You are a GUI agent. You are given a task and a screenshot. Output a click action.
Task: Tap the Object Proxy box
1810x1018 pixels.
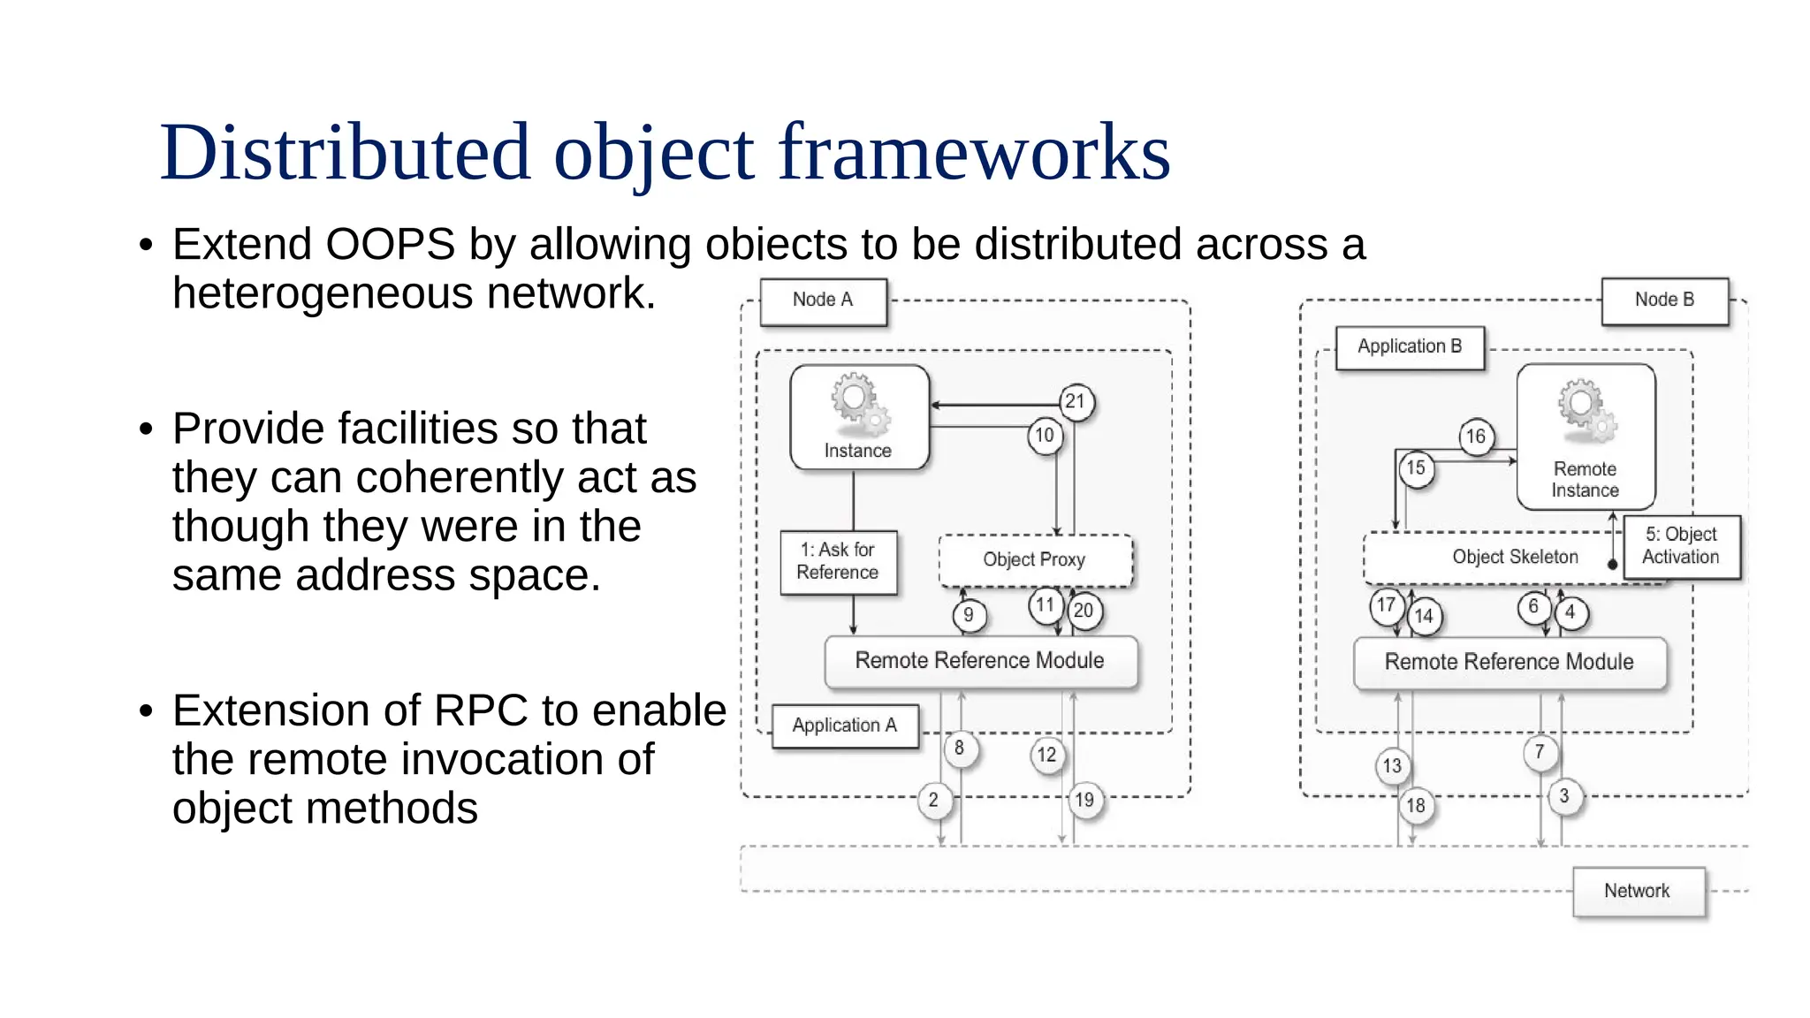point(1035,560)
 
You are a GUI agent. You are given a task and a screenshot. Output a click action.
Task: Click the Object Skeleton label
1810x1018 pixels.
point(1515,558)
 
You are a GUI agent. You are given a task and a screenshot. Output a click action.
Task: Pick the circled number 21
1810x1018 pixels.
point(1076,402)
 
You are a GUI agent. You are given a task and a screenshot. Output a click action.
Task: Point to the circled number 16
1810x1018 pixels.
point(1476,437)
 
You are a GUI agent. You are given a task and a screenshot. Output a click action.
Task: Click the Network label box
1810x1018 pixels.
point(1638,892)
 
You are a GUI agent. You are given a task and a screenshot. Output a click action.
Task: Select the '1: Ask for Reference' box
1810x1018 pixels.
point(838,562)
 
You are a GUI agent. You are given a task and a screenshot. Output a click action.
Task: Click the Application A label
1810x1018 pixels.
point(845,726)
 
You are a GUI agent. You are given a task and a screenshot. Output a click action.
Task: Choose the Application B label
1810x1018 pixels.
point(1410,347)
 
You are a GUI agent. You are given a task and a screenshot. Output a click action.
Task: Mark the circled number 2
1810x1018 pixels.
point(934,801)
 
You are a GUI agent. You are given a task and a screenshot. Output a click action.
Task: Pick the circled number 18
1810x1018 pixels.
point(1416,806)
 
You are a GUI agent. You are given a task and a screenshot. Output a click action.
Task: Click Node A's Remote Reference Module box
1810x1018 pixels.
point(980,662)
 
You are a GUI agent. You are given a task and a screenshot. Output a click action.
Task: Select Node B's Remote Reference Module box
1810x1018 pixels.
point(1509,663)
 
